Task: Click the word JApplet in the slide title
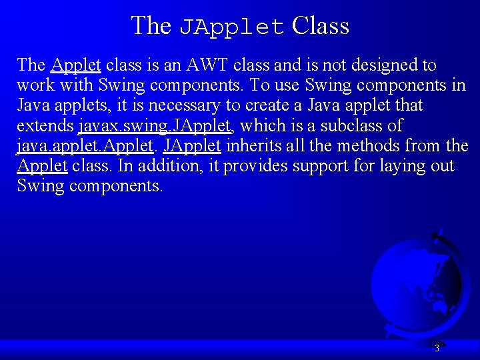pyautogui.click(x=232, y=27)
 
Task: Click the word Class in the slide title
pyautogui.click(x=321, y=26)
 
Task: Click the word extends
pyautogui.click(x=45, y=125)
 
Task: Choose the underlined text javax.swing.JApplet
pyautogui.click(x=155, y=126)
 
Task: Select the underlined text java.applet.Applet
pyautogui.click(x=85, y=146)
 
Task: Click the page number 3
pyautogui.click(x=437, y=348)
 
